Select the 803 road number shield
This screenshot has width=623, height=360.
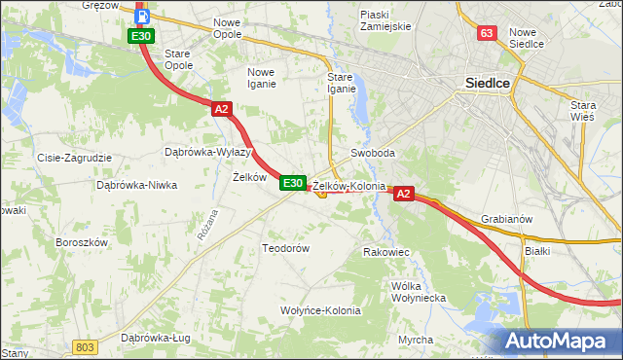[86, 347]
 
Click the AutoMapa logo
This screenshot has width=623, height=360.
[559, 342]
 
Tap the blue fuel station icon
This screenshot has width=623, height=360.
[142, 16]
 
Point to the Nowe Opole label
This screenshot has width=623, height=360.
[227, 27]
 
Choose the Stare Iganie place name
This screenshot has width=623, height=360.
[342, 83]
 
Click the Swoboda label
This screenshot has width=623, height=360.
[373, 154]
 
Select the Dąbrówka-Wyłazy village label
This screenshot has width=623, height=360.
[209, 152]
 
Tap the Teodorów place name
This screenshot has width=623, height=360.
[285, 248]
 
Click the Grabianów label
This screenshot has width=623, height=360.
[507, 219]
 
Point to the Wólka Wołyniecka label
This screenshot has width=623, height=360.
[418, 292]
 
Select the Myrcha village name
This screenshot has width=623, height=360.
[416, 340]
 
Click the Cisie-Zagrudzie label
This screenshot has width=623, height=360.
[75, 158]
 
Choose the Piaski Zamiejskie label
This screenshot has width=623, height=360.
[386, 19]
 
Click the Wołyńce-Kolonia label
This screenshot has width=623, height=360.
[320, 310]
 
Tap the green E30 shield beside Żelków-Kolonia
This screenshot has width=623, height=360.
[293, 183]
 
